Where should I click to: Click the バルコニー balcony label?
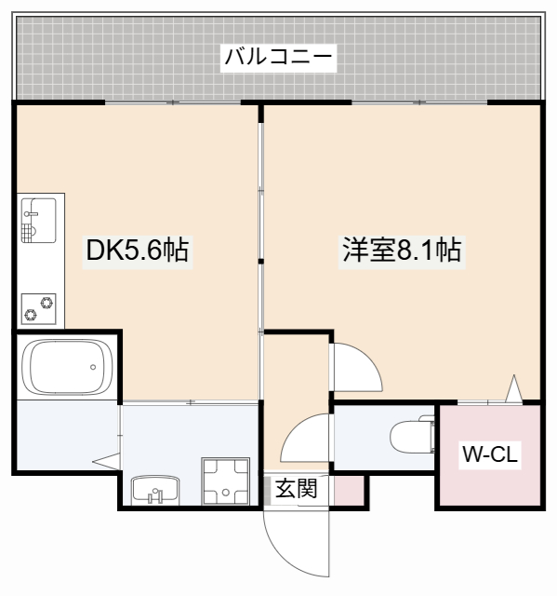(278, 58)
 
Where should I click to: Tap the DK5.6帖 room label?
(137, 250)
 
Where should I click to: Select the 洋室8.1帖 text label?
(401, 250)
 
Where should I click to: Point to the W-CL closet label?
(490, 455)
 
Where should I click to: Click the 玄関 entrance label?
(296, 488)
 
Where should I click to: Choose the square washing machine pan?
(226, 481)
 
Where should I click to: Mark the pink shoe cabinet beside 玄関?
(349, 490)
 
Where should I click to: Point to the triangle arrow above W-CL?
(513, 389)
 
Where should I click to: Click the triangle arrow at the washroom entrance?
(104, 460)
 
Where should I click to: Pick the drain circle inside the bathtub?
(95, 367)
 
